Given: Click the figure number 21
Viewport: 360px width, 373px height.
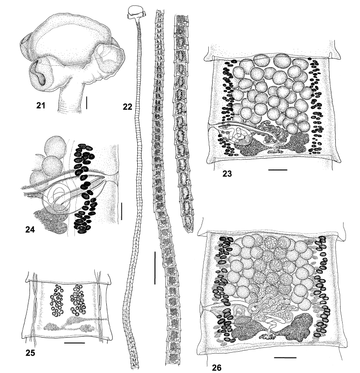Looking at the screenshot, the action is tap(41, 105).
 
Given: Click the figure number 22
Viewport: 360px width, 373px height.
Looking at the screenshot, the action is tap(128, 107).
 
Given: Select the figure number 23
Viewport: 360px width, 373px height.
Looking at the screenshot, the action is tap(227, 174).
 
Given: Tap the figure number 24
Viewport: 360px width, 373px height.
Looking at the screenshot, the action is tap(30, 229).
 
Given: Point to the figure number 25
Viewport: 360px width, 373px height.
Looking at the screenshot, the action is tap(30, 353).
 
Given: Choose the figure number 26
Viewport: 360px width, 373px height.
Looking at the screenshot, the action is tap(216, 368).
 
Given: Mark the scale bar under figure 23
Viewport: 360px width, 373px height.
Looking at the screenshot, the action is tap(278, 170).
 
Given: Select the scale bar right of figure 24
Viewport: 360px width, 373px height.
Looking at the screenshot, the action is tap(121, 211).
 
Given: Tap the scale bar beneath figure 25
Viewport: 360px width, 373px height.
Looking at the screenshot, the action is tap(74, 343).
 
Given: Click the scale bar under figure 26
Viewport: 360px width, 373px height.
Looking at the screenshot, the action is tap(285, 358).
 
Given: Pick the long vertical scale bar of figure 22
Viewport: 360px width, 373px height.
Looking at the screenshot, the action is tap(155, 268).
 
